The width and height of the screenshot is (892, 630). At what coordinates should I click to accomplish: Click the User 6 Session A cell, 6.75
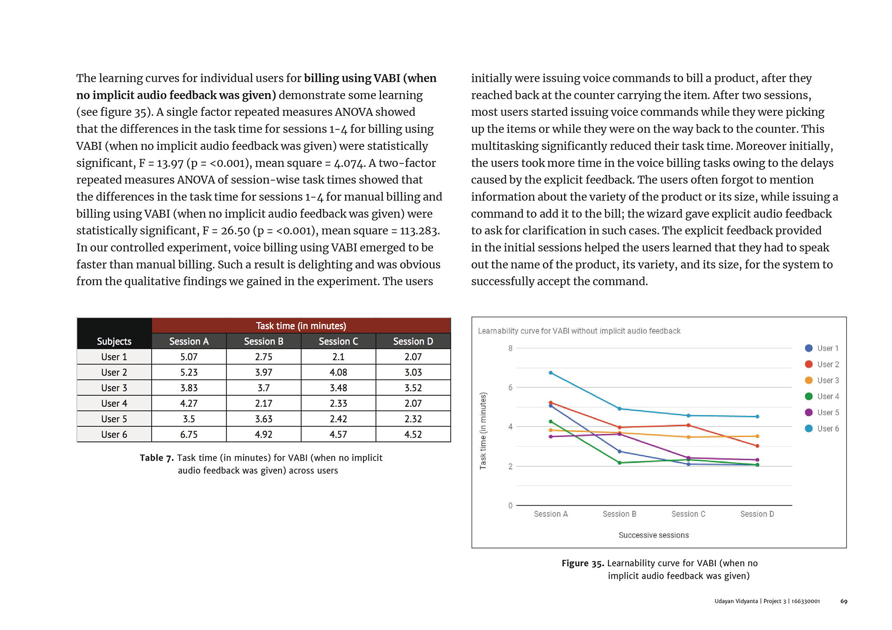pos(189,434)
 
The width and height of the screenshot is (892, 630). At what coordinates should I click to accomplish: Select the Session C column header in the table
pos(338,341)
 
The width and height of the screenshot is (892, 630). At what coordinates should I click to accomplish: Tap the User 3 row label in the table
pos(114,388)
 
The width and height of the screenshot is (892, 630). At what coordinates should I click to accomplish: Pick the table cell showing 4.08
pos(338,372)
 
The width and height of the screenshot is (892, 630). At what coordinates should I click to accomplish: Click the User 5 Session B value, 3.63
pos(264,419)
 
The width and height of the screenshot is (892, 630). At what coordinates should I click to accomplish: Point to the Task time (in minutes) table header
pos(301,326)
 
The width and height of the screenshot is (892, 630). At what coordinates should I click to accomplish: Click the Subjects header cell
pos(114,341)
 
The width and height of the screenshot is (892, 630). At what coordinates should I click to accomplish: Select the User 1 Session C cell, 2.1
pos(338,357)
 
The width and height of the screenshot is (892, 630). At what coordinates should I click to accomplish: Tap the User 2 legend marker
pos(809,364)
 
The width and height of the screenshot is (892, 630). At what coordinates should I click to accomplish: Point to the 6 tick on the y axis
pos(510,388)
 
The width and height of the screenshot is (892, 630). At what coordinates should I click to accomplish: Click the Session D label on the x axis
pos(757,514)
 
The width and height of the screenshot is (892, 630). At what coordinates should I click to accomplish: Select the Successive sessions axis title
pos(653,535)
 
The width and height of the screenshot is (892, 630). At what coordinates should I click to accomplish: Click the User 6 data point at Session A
pos(551,373)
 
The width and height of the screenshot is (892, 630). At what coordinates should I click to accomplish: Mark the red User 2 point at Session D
pos(757,446)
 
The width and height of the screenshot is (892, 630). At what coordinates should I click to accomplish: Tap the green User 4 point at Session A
pos(551,421)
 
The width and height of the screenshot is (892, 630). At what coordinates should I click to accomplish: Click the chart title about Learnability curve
pos(579,331)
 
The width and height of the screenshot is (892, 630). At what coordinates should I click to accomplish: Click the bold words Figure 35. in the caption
pos(582,563)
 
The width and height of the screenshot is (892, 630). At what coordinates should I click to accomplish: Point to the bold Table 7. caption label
pos(157,458)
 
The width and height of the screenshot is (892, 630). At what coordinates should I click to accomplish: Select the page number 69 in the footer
pos(844,601)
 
